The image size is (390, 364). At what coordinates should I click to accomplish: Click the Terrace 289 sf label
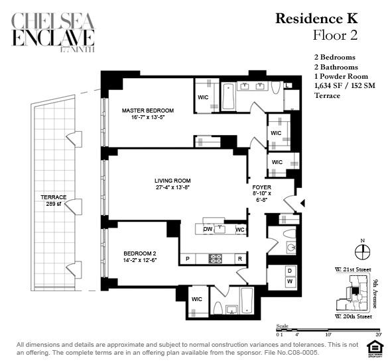point(53,201)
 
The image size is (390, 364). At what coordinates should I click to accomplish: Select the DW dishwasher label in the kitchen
point(207,230)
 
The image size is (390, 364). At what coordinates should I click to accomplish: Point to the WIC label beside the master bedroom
point(204,97)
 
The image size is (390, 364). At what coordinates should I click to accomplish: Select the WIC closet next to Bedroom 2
point(197,299)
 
